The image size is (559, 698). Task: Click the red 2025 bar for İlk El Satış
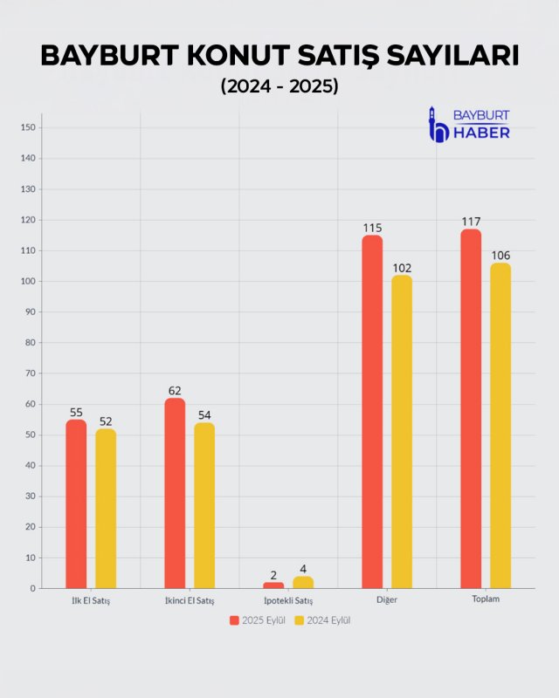[76, 504]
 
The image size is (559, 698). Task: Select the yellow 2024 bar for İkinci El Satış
[204, 505]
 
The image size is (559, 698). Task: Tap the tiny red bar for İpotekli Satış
[273, 585]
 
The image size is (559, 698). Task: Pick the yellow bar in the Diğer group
[402, 432]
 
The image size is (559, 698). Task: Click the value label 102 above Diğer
[402, 268]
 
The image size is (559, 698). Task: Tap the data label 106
[500, 256]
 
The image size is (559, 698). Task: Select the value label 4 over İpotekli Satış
[303, 569]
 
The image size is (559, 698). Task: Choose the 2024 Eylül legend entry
[322, 620]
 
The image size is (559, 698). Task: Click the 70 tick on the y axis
[29, 373]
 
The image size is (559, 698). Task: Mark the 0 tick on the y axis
[32, 588]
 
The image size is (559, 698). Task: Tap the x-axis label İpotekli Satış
[288, 601]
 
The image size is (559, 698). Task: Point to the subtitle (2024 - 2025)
[279, 87]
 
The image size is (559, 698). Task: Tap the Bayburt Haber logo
[469, 124]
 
